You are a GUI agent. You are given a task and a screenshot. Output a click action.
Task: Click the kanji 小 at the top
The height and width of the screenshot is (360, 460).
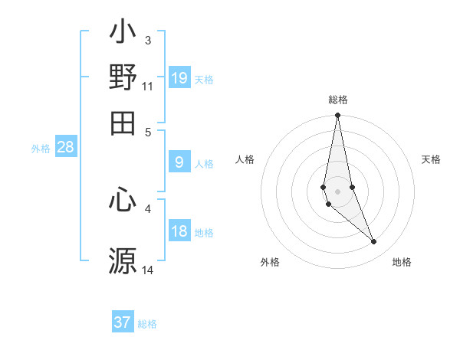pyautogui.click(x=123, y=34)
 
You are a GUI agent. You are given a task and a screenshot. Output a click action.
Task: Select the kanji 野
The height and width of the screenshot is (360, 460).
pyautogui.click(x=123, y=78)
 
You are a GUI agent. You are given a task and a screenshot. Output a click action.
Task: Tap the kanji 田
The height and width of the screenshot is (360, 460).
pyautogui.click(x=123, y=122)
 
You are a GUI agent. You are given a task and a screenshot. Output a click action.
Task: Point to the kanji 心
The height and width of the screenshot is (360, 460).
pyautogui.click(x=123, y=201)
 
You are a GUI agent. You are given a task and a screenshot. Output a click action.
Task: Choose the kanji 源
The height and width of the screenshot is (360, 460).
pyautogui.click(x=123, y=260)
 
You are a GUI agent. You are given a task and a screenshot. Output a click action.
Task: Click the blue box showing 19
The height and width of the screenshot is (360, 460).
pyautogui.click(x=179, y=77)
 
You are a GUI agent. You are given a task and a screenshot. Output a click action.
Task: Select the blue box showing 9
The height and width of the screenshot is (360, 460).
pyautogui.click(x=179, y=162)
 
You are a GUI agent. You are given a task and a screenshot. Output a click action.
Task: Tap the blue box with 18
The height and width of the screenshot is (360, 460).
pyautogui.click(x=179, y=231)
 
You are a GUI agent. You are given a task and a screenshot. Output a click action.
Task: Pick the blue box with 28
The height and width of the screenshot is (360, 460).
pyautogui.click(x=66, y=148)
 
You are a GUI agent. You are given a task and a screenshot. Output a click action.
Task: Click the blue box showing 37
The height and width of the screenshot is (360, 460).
pyautogui.click(x=123, y=322)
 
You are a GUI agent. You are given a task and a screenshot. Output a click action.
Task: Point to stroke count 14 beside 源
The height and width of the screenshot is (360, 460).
pyautogui.click(x=148, y=270)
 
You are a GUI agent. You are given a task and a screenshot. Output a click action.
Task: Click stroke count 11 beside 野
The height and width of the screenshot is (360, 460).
pyautogui.click(x=148, y=87)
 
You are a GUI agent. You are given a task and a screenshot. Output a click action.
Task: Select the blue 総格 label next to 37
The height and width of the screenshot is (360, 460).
pyautogui.click(x=147, y=324)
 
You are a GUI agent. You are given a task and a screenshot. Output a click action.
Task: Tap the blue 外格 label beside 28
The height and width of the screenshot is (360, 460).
pyautogui.click(x=41, y=149)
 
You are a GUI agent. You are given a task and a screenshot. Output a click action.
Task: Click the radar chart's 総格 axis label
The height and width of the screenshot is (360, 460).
pyautogui.click(x=338, y=100)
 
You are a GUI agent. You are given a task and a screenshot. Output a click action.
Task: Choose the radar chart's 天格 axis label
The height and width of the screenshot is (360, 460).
pyautogui.click(x=431, y=159)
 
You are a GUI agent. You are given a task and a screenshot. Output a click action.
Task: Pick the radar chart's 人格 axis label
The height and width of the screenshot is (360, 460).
pyautogui.click(x=245, y=159)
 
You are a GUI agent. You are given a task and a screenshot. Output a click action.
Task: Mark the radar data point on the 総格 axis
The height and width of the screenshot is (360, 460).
pyautogui.click(x=337, y=116)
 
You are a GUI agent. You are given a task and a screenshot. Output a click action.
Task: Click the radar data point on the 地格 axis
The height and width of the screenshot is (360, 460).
pyautogui.click(x=373, y=242)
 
